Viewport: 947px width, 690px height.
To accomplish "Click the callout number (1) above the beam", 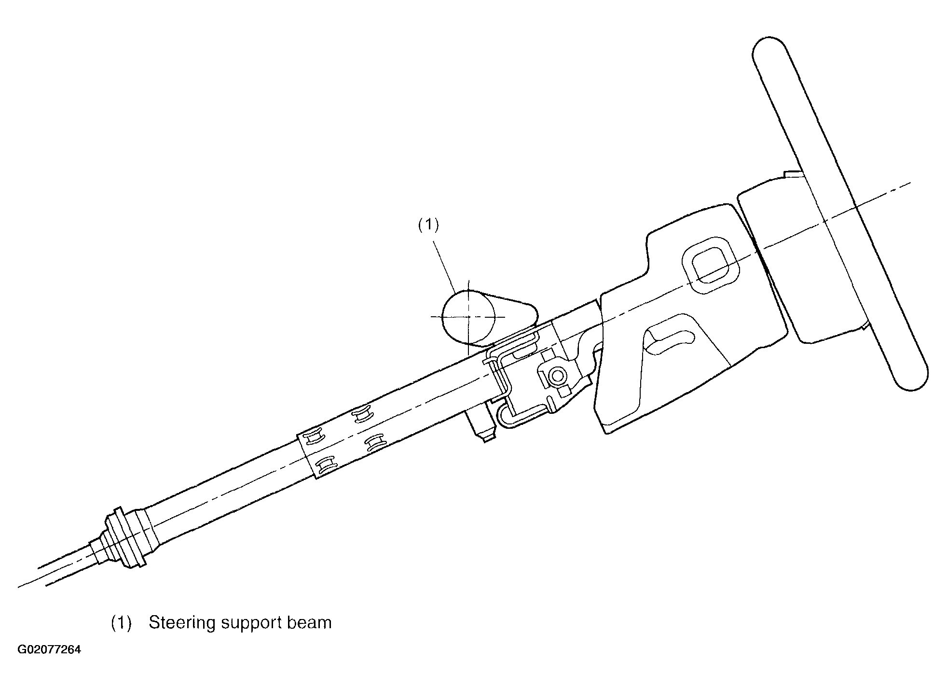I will coord(428,225).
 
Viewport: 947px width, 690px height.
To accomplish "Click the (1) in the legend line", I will coord(121,623).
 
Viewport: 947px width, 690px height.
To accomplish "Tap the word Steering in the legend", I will coord(182,623).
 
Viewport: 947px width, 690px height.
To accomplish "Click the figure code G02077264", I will coord(49,649).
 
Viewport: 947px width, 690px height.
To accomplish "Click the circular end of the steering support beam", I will coord(463,316).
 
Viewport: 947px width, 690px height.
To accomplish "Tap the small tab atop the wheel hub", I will coord(793,174).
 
